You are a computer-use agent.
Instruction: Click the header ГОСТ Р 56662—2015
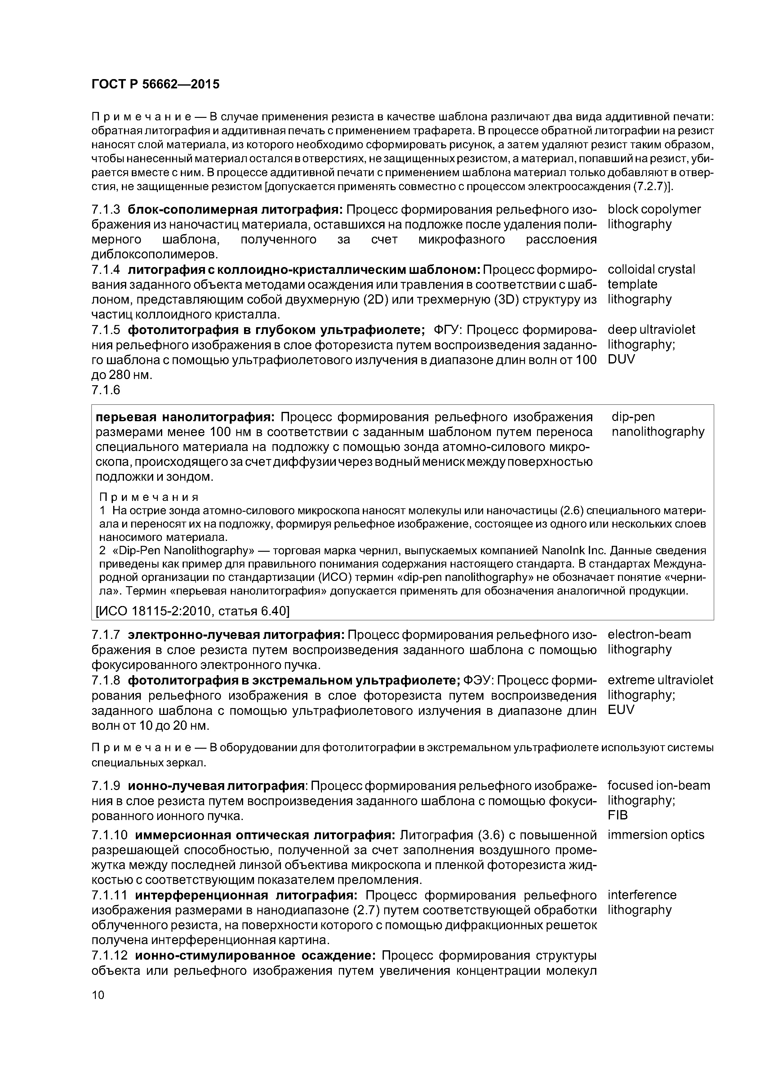click(155, 84)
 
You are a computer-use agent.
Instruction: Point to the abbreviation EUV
click(621, 710)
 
